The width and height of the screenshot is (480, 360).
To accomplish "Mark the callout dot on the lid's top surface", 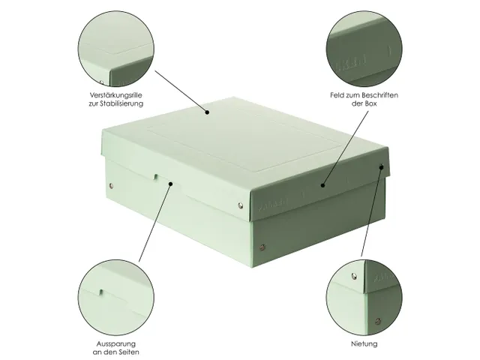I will click(208, 112).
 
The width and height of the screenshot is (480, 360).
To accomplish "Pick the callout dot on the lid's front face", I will click(323, 184).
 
